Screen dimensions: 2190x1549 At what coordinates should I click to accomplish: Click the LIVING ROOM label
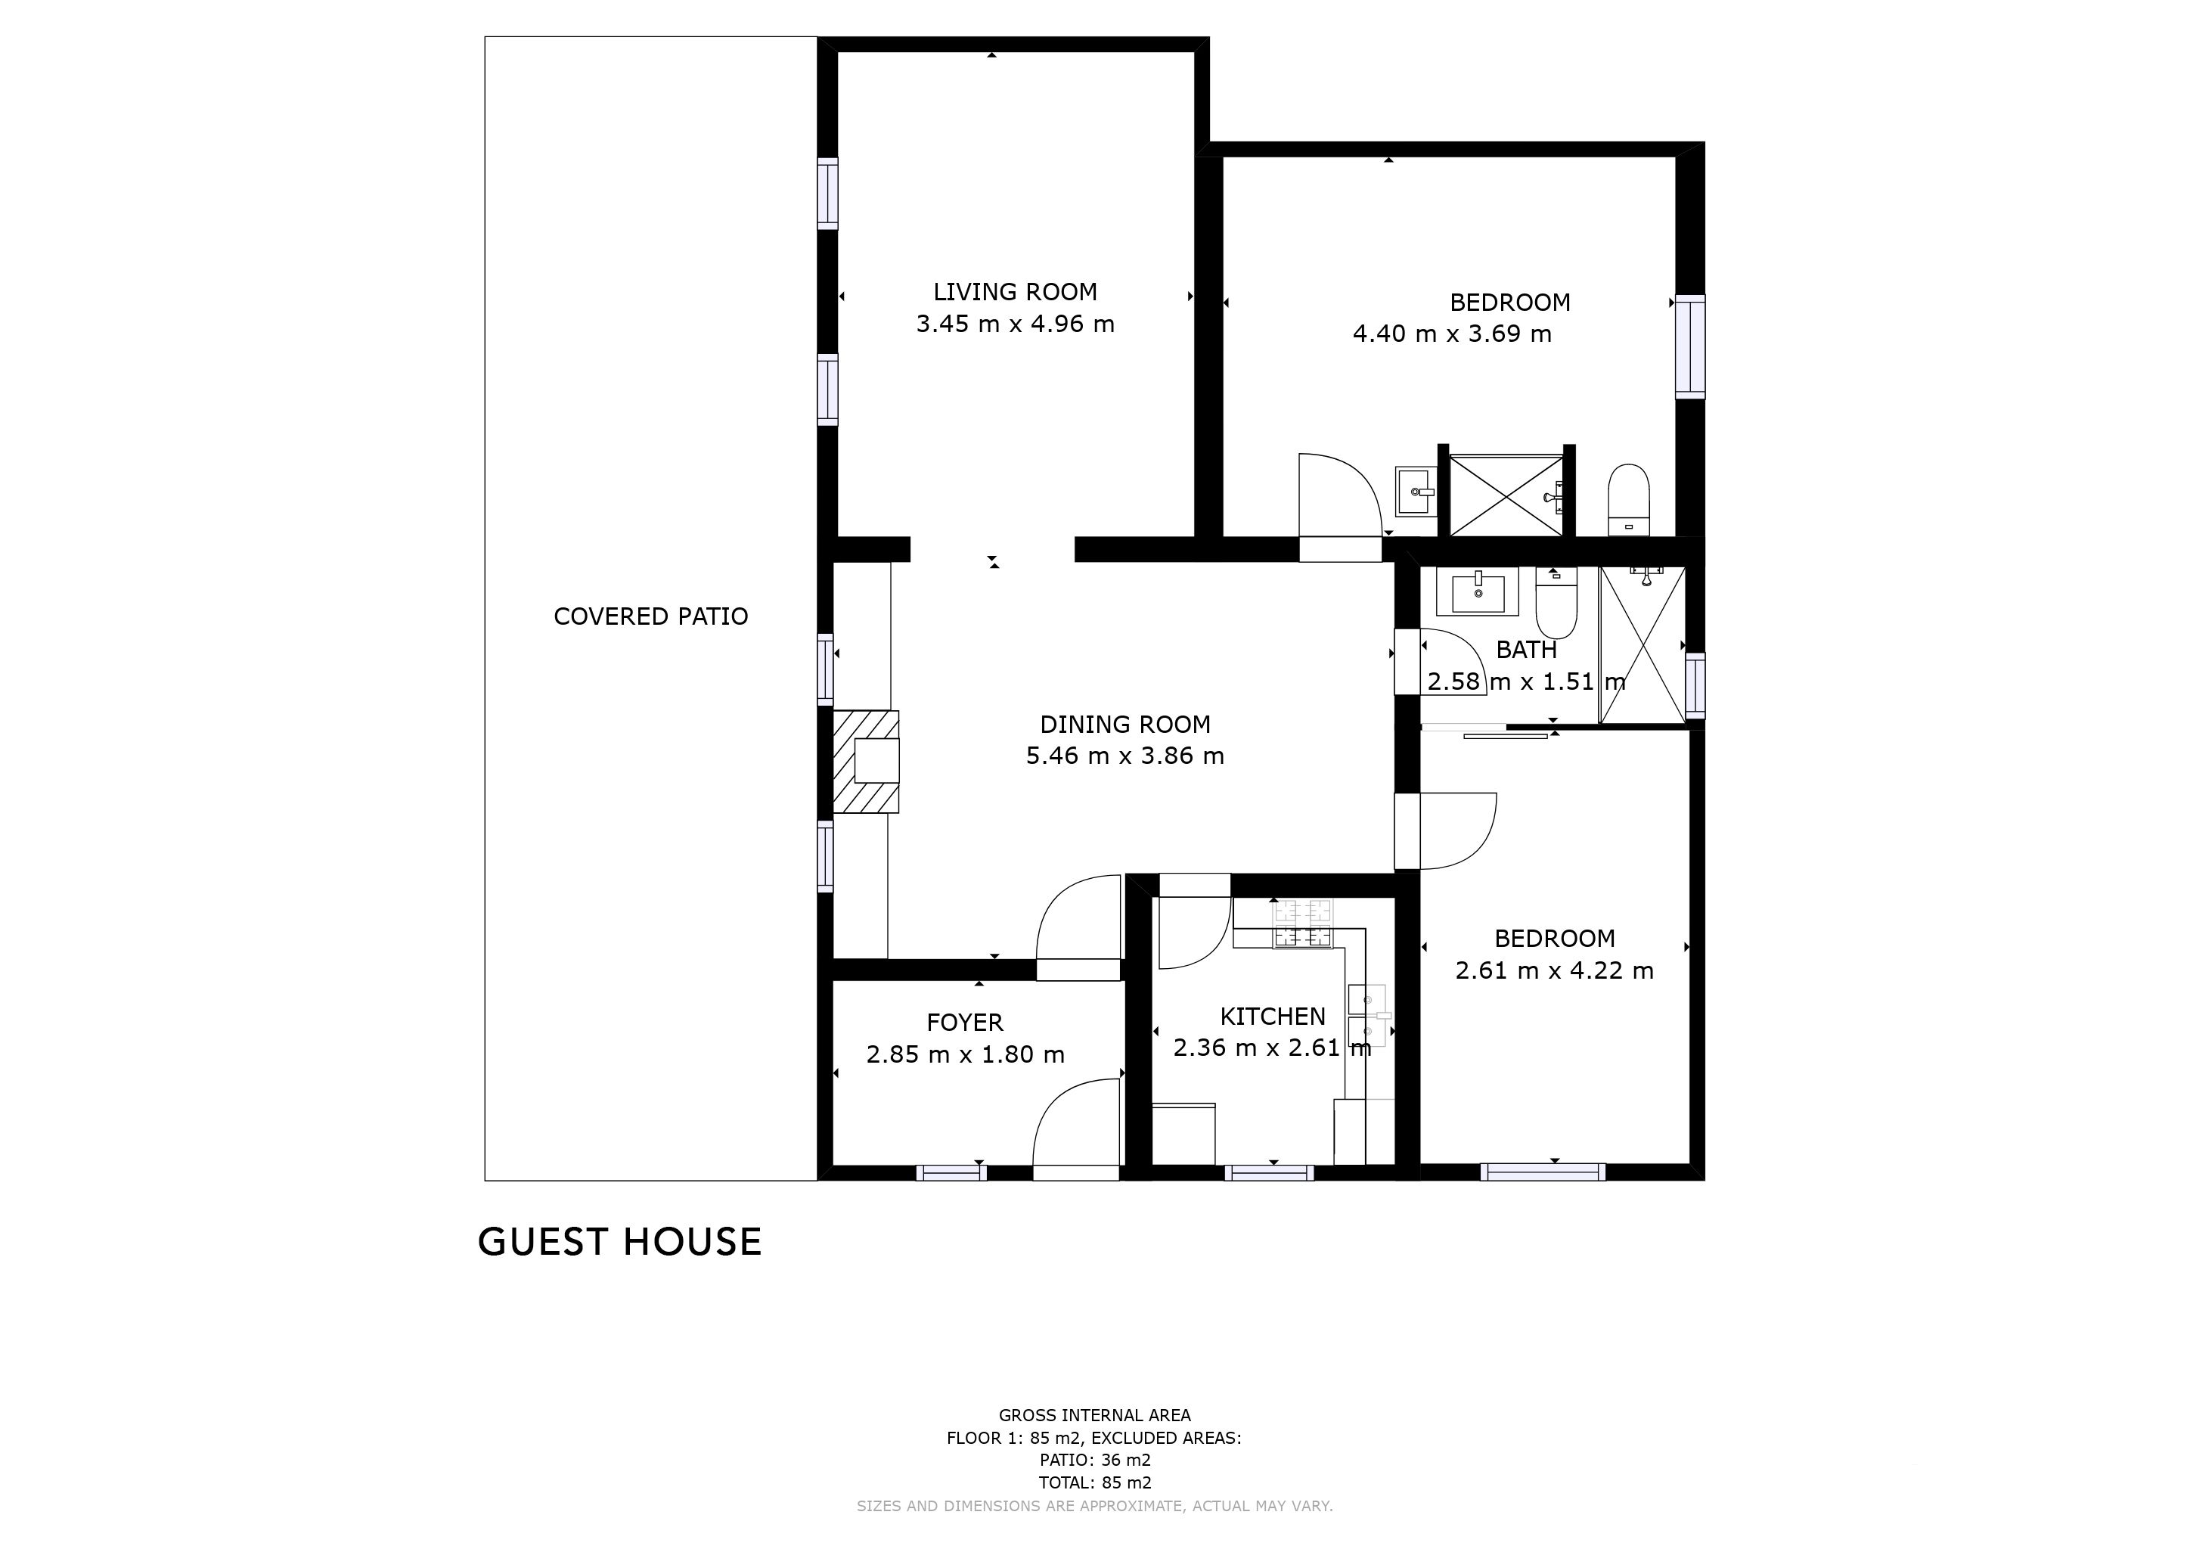click(1015, 292)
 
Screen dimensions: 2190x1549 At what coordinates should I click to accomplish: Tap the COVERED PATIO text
click(650, 616)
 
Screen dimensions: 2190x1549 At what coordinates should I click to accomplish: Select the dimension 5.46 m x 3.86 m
click(1124, 756)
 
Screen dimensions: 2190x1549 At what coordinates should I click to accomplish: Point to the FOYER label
click(964, 1023)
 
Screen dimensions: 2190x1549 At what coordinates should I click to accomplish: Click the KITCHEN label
click(1273, 1017)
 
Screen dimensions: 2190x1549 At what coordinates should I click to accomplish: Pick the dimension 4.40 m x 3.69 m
click(1452, 334)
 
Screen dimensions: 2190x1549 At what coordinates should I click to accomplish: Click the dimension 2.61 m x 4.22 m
click(1554, 970)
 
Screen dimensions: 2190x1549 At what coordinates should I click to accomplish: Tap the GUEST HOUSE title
click(620, 1242)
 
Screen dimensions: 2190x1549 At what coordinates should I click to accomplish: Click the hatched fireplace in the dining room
click(866, 761)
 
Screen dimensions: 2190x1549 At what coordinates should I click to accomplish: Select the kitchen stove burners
click(1302, 924)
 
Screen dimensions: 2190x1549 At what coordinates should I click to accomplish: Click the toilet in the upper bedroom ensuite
click(1628, 500)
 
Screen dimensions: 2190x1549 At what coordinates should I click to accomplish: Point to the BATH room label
click(1526, 650)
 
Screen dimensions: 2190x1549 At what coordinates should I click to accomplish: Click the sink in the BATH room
click(1477, 591)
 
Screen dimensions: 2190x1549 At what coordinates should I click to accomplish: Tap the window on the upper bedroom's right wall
click(1690, 346)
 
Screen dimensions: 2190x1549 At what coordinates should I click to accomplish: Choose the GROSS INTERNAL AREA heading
click(1095, 1415)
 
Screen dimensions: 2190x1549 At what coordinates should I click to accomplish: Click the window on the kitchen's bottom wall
click(1269, 1172)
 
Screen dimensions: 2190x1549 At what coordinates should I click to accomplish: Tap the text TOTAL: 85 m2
click(1095, 1482)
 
